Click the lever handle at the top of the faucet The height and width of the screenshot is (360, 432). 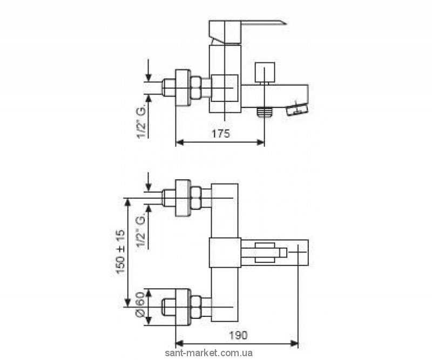246,27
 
